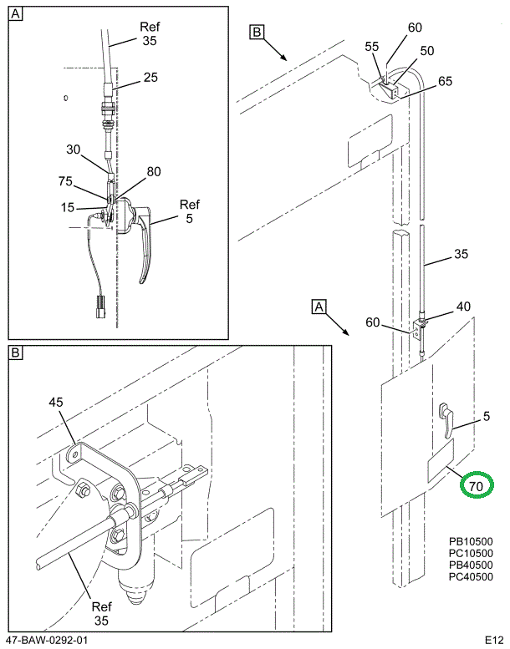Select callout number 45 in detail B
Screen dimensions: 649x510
(x=56, y=403)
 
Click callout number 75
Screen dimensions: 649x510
(x=66, y=180)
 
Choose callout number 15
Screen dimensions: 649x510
(x=68, y=206)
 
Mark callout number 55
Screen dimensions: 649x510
(x=371, y=48)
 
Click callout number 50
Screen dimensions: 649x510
(x=427, y=51)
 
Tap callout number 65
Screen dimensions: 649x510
(x=444, y=81)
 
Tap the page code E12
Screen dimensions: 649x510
(x=493, y=640)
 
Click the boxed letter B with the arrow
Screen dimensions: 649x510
(x=257, y=33)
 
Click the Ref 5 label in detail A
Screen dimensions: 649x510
(x=190, y=212)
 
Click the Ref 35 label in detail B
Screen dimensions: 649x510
(x=102, y=613)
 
